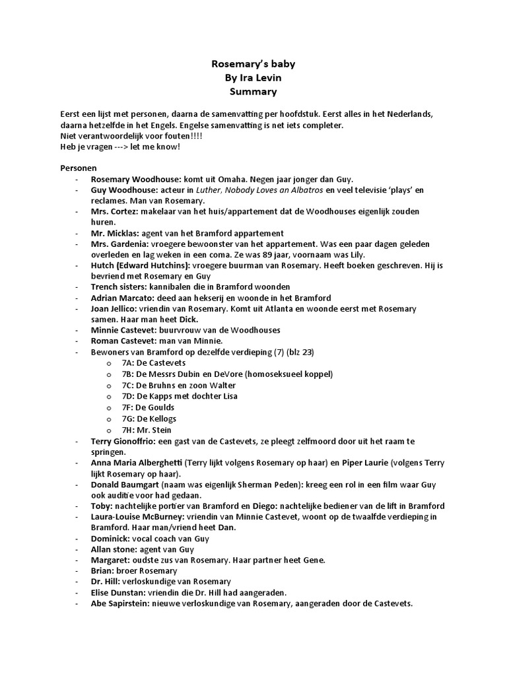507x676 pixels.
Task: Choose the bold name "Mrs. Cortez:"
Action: pyautogui.click(x=114, y=211)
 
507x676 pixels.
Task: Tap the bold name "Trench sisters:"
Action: pyautogui.click(x=118, y=287)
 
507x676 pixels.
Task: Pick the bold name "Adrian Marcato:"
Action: pyautogui.click(x=121, y=298)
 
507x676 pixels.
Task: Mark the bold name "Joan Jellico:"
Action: pyautogui.click(x=115, y=308)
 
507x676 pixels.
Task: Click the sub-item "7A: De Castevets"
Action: pyautogui.click(x=153, y=362)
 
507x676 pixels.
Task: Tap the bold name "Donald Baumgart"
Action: pyautogui.click(x=124, y=484)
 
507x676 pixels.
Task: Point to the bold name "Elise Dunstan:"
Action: pyautogui.click(x=120, y=592)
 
